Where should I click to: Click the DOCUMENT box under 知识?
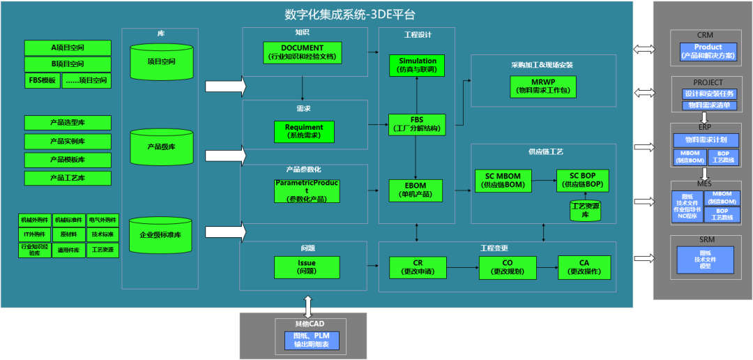[x=302, y=52]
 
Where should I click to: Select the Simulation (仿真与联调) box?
[x=418, y=66]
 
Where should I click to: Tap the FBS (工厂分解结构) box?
[x=417, y=124]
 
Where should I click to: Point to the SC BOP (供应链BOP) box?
[x=582, y=180]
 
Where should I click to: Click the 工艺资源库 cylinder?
[x=584, y=211]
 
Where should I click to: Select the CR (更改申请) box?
[x=417, y=267]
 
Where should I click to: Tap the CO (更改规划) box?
[x=508, y=267]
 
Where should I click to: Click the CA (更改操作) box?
[x=584, y=267]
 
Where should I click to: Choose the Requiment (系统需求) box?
[x=304, y=131]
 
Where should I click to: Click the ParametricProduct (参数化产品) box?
[x=307, y=190]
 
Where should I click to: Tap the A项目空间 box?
[x=68, y=47]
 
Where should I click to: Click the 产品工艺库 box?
[x=68, y=178]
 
